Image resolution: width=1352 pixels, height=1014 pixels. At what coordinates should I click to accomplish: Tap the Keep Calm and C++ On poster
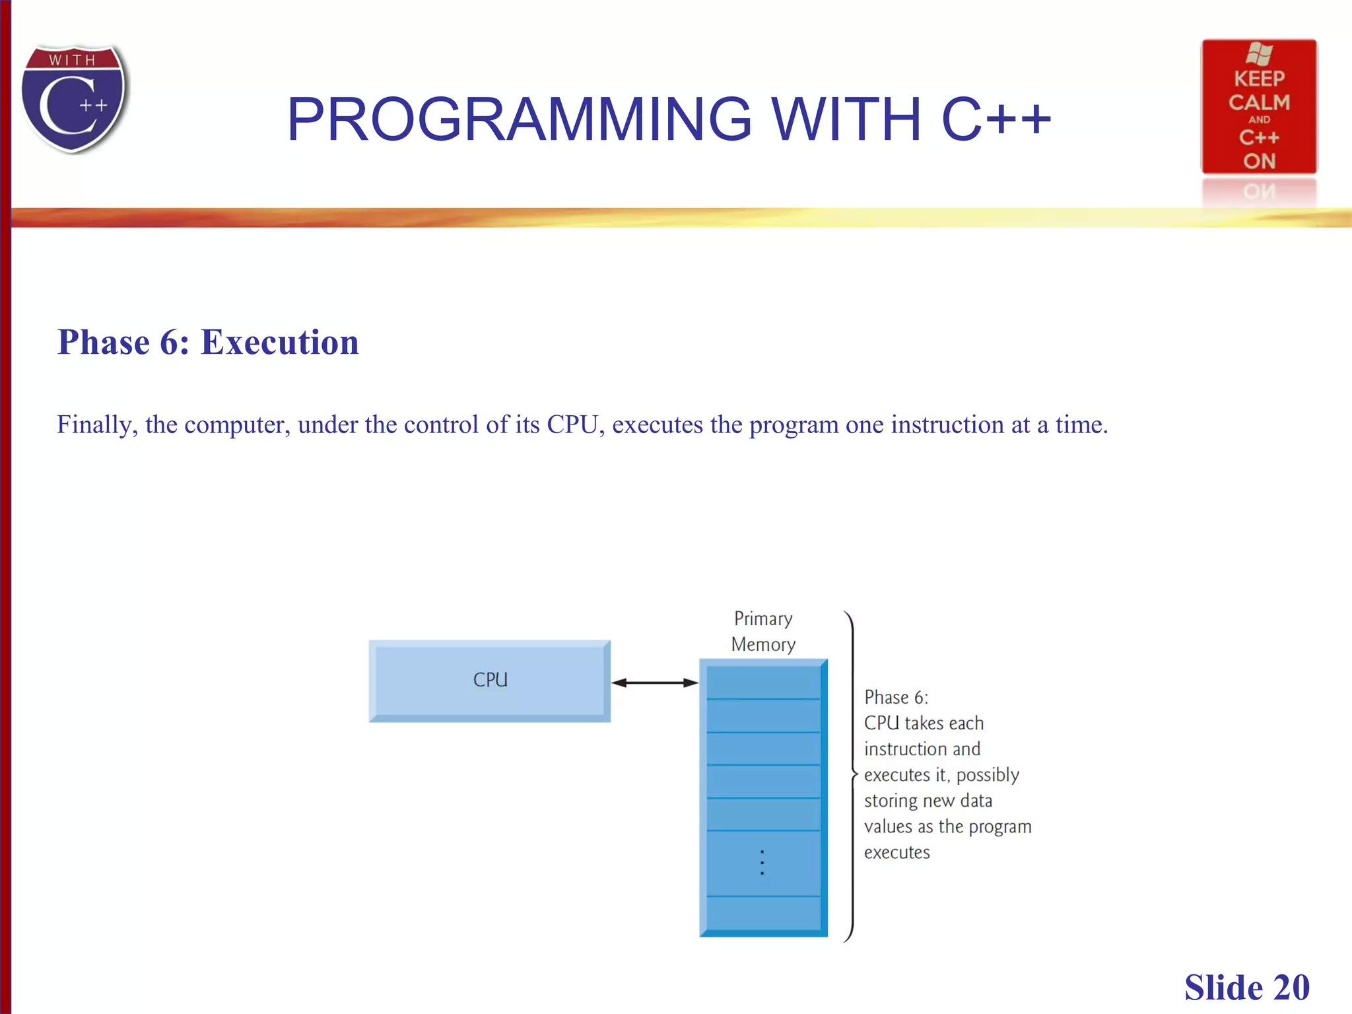pyautogui.click(x=1258, y=107)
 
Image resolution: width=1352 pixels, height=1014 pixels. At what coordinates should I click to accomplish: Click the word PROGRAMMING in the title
pyautogui.click(x=519, y=119)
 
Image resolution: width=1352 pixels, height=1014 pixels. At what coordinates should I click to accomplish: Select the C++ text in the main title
pyautogui.click(x=996, y=119)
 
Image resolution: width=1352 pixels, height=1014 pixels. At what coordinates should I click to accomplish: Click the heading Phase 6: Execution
pyautogui.click(x=208, y=343)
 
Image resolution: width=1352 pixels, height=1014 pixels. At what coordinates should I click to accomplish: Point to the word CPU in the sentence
pyautogui.click(x=572, y=424)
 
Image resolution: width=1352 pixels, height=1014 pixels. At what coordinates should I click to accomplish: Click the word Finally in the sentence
pyautogui.click(x=96, y=424)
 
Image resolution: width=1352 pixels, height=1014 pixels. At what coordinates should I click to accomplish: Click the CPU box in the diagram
pyautogui.click(x=489, y=681)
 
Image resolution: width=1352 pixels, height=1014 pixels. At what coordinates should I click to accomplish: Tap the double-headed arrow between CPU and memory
pyautogui.click(x=654, y=683)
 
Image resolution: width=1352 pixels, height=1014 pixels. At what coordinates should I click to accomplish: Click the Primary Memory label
pyautogui.click(x=763, y=631)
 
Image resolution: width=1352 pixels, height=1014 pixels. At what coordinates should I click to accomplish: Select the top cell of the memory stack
pyautogui.click(x=762, y=683)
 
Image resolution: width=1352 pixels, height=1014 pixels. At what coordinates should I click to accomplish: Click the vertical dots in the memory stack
pyautogui.click(x=762, y=862)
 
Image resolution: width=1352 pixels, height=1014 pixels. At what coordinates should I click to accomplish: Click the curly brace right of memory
pyautogui.click(x=851, y=775)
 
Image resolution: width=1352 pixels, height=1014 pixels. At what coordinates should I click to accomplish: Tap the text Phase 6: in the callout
pyautogui.click(x=896, y=698)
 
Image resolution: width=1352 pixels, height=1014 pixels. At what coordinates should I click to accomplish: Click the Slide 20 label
pyautogui.click(x=1246, y=988)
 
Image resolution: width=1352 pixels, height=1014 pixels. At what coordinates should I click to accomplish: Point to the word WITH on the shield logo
pyautogui.click(x=73, y=60)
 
